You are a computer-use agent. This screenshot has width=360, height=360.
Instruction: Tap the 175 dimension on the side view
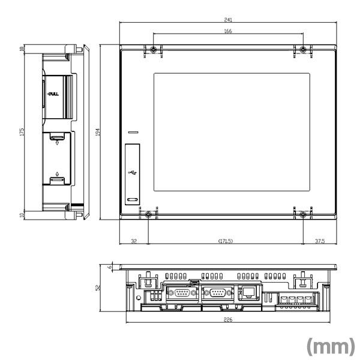(22, 131)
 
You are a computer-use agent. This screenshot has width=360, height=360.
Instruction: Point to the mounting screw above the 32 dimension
(148, 214)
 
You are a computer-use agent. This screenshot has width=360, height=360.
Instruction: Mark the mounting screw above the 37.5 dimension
(303, 214)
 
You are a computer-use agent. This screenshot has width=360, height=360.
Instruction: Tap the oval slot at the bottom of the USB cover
(132, 199)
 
